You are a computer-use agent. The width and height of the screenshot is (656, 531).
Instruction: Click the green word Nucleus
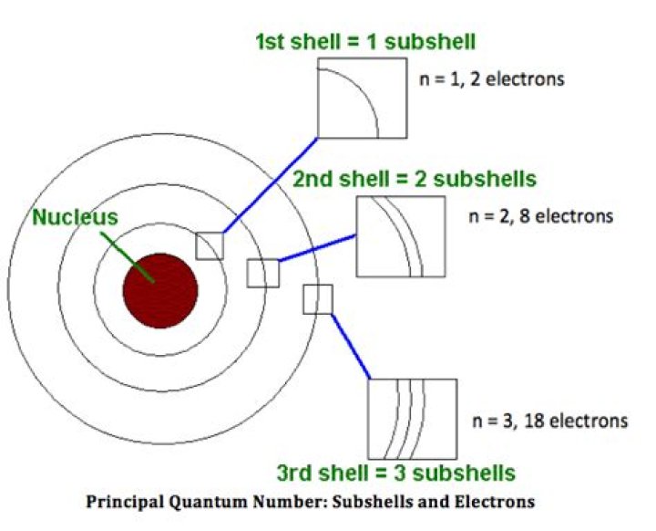[75, 218]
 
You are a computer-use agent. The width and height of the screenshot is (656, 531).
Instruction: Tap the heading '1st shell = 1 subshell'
[365, 41]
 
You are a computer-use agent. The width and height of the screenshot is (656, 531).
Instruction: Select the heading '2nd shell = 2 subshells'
[414, 176]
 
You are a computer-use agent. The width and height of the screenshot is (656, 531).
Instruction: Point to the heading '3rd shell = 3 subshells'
[395, 474]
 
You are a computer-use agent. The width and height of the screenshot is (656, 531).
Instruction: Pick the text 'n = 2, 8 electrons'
[540, 217]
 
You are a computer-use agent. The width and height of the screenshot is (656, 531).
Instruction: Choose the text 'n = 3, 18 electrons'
[550, 422]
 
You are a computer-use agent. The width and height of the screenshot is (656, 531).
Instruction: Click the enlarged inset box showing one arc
[362, 97]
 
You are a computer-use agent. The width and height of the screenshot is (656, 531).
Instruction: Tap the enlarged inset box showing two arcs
[402, 236]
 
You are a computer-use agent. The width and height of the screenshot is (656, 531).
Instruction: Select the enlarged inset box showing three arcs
[411, 418]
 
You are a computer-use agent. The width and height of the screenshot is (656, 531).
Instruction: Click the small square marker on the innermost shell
[210, 245]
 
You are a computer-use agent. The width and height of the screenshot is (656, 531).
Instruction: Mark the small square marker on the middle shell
[262, 273]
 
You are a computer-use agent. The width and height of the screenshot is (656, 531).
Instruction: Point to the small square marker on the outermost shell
[317, 299]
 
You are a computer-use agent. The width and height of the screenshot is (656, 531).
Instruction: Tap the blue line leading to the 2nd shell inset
[317, 248]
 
